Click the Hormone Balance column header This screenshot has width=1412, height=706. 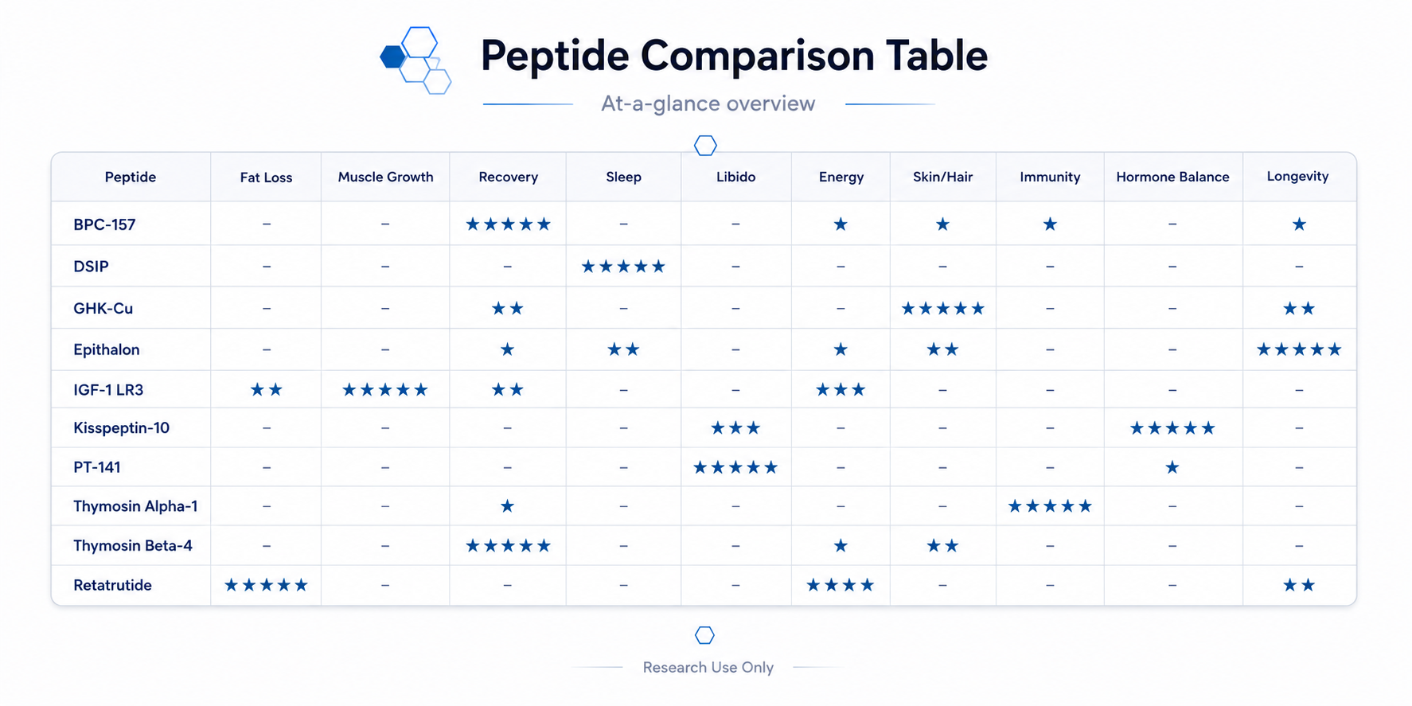1172,177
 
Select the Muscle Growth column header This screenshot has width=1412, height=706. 385,177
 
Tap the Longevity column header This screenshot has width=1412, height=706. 1297,177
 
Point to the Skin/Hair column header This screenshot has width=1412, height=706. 942,177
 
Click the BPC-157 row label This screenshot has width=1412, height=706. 104,224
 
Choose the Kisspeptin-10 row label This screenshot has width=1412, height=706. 121,428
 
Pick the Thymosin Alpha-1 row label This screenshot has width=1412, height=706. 135,506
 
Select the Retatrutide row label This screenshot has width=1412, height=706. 112,585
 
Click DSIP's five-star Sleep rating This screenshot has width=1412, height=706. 623,267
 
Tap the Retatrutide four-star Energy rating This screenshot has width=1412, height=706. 841,586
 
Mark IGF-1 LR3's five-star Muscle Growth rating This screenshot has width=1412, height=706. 385,390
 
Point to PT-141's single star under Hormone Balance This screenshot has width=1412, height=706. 1172,467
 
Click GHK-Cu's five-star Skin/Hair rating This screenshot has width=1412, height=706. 942,308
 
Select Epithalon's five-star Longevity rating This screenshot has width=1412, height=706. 1299,349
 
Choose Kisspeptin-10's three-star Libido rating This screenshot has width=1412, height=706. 735,428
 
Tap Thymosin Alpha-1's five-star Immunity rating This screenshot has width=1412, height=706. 1050,506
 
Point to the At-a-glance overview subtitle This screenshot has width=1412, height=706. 708,103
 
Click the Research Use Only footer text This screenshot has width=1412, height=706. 708,667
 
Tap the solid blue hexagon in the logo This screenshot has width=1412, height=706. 392,57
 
